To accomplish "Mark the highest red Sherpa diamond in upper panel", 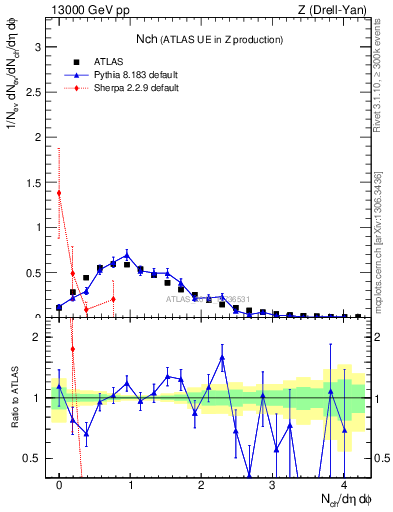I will [59, 193].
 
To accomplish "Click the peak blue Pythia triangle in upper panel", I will [127, 255].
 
